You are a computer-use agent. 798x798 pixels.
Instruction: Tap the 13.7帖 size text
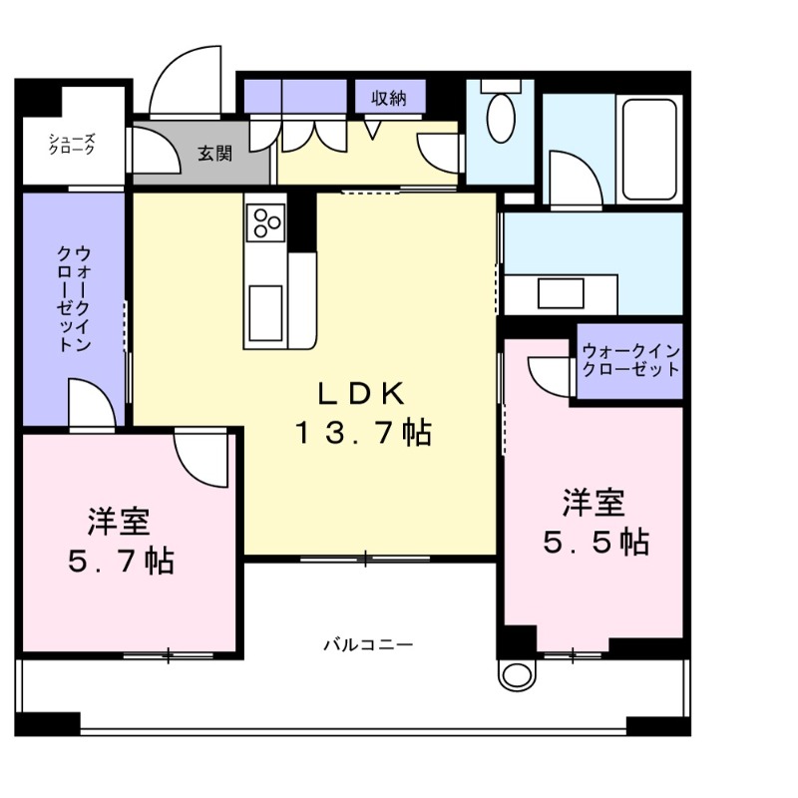pos(361,433)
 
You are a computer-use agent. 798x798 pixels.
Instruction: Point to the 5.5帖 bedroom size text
pos(596,542)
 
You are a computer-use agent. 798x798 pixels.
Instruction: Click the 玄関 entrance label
pos(213,154)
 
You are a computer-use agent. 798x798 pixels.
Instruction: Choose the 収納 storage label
pos(390,98)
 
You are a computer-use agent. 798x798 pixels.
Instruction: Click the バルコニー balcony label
pos(367,644)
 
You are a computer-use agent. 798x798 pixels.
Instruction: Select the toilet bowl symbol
pos(500,118)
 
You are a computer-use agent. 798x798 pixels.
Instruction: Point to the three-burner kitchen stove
pos(267,221)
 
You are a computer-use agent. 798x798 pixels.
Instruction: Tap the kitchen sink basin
pos(266,303)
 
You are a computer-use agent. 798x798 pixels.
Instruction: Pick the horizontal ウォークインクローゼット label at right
pos(630,360)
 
